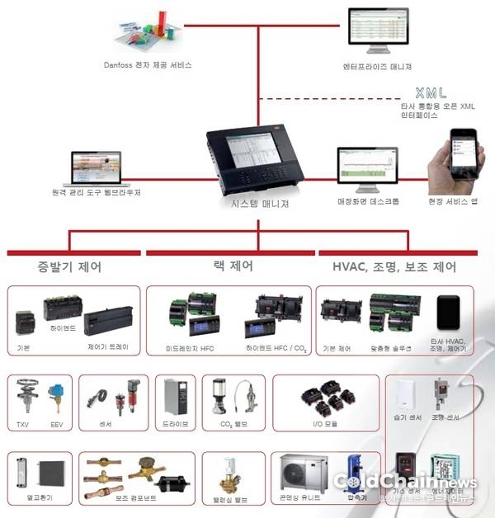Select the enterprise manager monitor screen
coord(379,31)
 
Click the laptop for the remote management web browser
coord(96,167)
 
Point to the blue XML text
coord(432,92)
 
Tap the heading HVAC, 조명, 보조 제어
coord(395,266)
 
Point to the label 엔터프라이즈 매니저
coord(378,66)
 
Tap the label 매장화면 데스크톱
coord(368,201)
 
